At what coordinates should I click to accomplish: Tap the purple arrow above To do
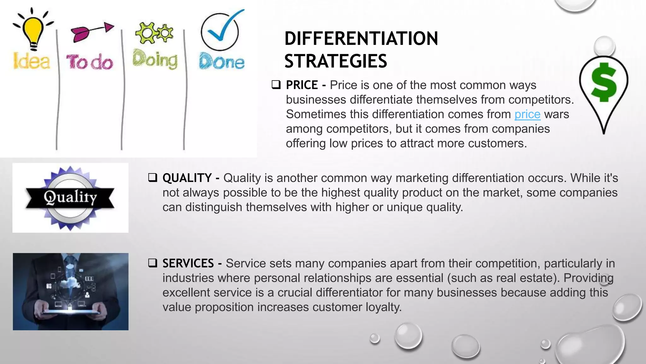[x=91, y=31]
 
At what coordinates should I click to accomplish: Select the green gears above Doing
[x=154, y=33]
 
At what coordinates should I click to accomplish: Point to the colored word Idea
[x=32, y=61]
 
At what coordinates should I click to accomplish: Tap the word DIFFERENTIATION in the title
[x=361, y=39]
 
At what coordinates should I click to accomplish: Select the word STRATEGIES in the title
[x=336, y=61]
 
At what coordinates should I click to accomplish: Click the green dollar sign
[x=604, y=83]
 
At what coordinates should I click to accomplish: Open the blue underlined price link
[x=527, y=114]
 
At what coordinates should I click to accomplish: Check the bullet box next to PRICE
[x=276, y=85]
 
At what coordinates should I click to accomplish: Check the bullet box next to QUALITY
[x=153, y=178]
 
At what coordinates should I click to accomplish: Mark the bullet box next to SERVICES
[x=153, y=263]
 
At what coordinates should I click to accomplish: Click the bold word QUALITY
[x=187, y=178]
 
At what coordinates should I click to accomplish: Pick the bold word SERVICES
[x=188, y=263]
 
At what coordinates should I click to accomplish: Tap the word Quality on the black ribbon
[x=70, y=197]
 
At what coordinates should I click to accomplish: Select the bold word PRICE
[x=302, y=85]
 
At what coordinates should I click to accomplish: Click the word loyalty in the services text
[x=383, y=307]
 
